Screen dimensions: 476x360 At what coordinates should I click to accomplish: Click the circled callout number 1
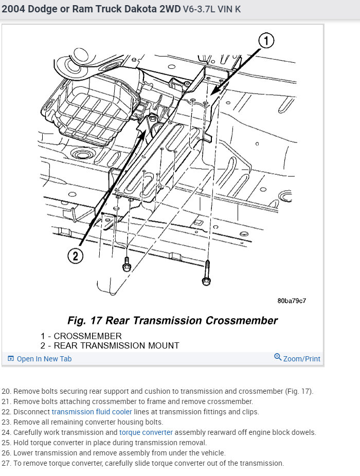(x=266, y=41)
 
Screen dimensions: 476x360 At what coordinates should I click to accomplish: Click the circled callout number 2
(x=75, y=256)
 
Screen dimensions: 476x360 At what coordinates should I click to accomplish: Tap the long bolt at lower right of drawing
(x=206, y=272)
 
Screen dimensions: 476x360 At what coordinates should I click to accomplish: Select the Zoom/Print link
(x=301, y=359)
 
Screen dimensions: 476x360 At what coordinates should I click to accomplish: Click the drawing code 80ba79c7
(x=295, y=301)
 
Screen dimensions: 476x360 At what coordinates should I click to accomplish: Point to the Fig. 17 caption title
(x=172, y=321)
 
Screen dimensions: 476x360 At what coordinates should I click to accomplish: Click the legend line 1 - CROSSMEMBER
(x=81, y=336)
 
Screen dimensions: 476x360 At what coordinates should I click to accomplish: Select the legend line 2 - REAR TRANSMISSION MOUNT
(x=110, y=345)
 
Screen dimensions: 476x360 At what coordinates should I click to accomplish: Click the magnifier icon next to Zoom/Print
(x=278, y=358)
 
